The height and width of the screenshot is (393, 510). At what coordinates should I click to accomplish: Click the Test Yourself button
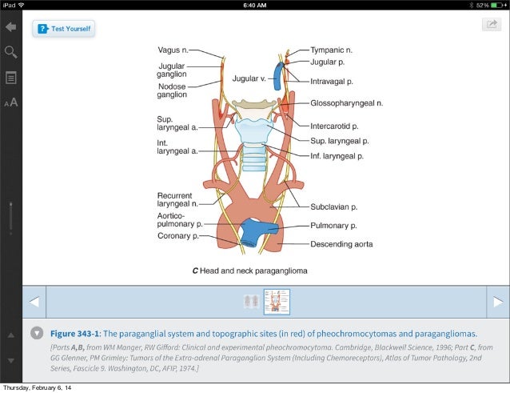[x=64, y=29]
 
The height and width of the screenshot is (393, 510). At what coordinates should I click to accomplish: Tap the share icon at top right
[x=489, y=25]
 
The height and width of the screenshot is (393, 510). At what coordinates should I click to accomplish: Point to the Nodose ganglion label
[x=172, y=89]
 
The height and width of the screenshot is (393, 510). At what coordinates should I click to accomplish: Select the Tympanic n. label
[x=332, y=50]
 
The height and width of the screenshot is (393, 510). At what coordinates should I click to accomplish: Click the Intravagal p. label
[x=332, y=81]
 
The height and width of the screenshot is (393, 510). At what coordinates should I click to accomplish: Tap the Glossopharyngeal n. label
[x=347, y=103]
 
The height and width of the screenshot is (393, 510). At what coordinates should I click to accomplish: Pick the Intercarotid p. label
[x=334, y=126]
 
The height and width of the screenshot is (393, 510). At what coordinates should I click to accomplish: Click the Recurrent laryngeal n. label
[x=177, y=199]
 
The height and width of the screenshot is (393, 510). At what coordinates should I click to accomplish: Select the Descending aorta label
[x=341, y=243]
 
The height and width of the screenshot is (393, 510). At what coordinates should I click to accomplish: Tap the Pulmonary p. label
[x=333, y=227]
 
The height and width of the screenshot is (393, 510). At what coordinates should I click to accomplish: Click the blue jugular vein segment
[x=277, y=76]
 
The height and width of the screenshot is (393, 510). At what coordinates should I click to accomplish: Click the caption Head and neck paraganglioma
[x=249, y=271]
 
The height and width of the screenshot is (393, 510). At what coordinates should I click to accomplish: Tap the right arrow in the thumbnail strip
[x=497, y=302]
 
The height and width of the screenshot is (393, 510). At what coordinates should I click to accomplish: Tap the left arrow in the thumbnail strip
[x=34, y=302]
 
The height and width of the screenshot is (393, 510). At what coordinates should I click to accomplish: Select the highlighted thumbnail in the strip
[x=277, y=302]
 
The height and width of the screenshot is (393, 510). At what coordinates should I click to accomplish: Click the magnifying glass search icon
[x=11, y=52]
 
